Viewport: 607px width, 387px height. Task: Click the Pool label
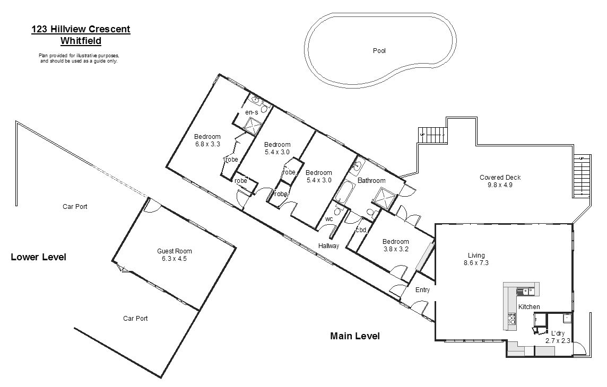pos(379,51)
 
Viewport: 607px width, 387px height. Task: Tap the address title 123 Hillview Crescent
pos(81,30)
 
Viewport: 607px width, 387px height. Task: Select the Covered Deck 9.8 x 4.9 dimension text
pos(496,185)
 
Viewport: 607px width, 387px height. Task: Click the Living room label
pos(476,255)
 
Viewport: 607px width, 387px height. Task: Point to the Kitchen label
pos(529,307)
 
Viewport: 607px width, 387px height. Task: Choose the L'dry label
pos(558,333)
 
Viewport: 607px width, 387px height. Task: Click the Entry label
pos(422,290)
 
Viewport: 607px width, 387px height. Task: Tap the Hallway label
pos(328,246)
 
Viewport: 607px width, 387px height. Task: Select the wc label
pos(329,218)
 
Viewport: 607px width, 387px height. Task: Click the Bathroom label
pos(371,181)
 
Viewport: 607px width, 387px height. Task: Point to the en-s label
pos(252,112)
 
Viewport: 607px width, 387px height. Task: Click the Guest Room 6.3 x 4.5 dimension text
pos(174,259)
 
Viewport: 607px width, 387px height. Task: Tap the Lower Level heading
pos(39,258)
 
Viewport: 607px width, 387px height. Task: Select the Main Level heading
pos(355,336)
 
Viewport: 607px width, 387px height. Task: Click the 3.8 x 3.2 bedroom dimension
pos(395,249)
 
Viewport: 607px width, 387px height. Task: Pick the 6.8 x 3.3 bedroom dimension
pos(207,144)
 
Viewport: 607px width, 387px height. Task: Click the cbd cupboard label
pos(361,230)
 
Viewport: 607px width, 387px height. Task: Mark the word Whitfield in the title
pos(81,40)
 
